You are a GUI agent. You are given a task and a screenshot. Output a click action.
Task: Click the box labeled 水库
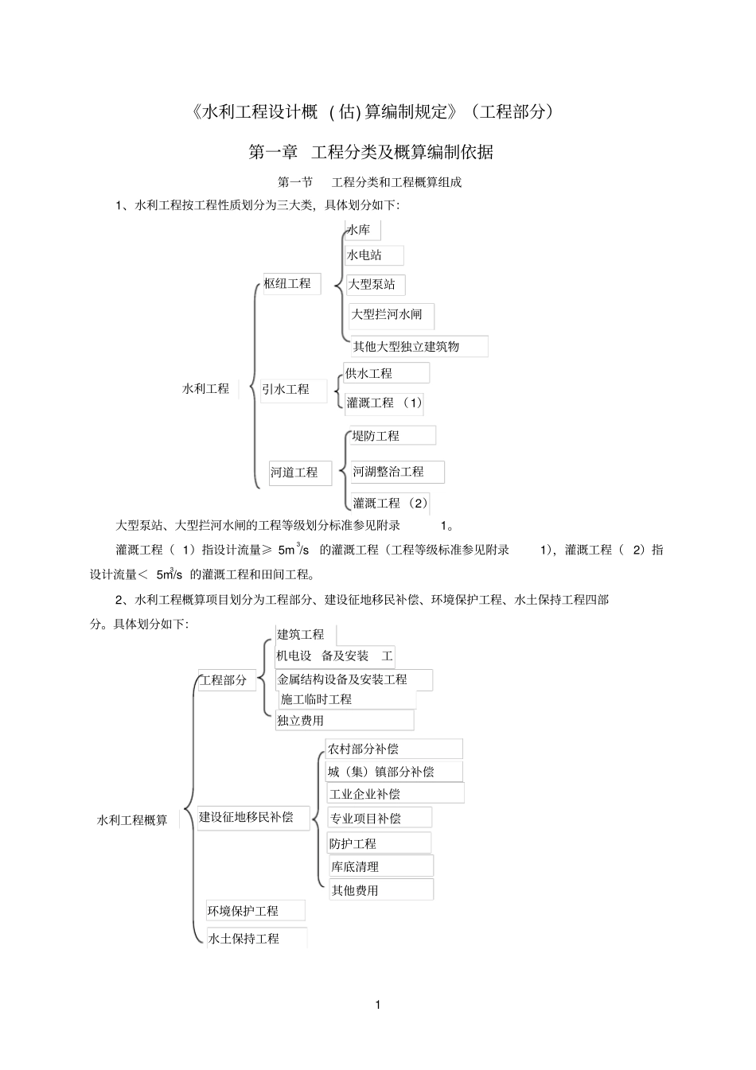pyautogui.click(x=362, y=231)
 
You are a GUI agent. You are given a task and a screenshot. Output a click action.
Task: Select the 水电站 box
pyautogui.click(x=373, y=255)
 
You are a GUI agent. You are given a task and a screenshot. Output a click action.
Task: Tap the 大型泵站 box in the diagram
pyautogui.click(x=376, y=285)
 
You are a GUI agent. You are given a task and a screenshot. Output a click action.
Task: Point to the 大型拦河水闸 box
pyautogui.click(x=392, y=315)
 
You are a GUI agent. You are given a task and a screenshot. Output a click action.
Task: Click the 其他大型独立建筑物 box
pyautogui.click(x=419, y=347)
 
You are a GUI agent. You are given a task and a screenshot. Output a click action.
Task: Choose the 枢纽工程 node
pyautogui.click(x=291, y=284)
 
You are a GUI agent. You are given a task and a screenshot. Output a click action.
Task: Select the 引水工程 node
pyautogui.click(x=293, y=390)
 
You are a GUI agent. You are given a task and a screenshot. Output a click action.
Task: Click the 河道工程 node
pyautogui.click(x=299, y=473)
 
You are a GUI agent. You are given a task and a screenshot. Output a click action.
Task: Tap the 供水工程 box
pyautogui.click(x=386, y=373)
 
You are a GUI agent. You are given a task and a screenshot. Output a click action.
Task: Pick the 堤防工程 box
pyautogui.click(x=393, y=436)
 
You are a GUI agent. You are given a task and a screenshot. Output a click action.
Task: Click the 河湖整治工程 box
pyautogui.click(x=397, y=472)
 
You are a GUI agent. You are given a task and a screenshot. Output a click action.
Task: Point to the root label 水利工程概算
pyautogui.click(x=132, y=820)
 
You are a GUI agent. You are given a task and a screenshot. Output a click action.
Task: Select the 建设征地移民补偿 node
pyautogui.click(x=253, y=817)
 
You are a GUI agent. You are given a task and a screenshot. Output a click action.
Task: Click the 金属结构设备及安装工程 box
pyautogui.click(x=353, y=680)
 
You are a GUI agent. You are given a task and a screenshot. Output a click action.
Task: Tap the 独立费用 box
pyautogui.click(x=344, y=721)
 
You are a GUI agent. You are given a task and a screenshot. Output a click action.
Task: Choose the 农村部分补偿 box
pyautogui.click(x=393, y=749)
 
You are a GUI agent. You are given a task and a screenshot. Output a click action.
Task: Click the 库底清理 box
pyautogui.click(x=381, y=866)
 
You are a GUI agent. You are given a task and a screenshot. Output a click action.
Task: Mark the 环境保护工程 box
pyautogui.click(x=255, y=911)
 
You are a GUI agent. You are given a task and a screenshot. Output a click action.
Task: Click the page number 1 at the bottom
pyautogui.click(x=378, y=1005)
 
